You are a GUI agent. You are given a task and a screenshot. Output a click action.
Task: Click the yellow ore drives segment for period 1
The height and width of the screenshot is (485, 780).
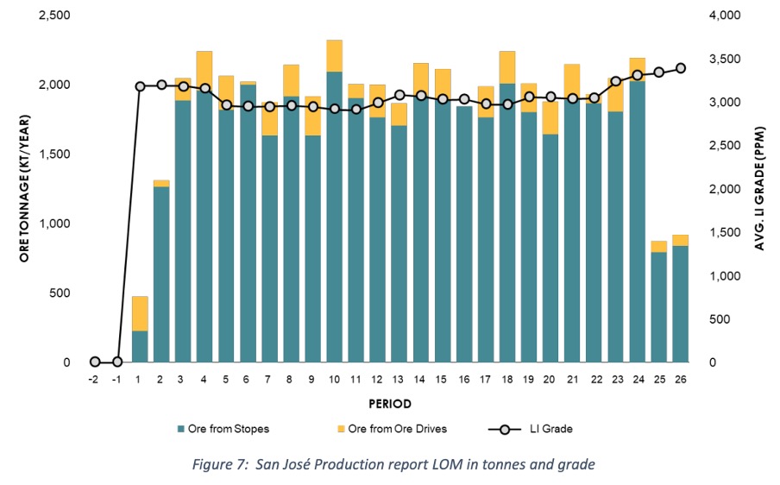[140, 314]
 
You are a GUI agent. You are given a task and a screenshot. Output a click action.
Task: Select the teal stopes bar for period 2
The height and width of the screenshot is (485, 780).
[161, 274]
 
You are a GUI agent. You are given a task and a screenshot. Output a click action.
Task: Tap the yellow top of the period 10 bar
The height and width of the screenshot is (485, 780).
[334, 56]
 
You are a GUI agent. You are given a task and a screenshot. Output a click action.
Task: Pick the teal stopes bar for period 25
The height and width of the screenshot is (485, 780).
[659, 307]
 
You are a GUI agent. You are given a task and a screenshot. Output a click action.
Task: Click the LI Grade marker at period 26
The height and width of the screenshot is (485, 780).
[681, 68]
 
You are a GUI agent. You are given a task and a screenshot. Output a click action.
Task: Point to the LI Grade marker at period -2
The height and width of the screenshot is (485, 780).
[95, 362]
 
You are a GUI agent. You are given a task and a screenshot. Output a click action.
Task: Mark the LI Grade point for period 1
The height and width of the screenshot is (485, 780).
[140, 86]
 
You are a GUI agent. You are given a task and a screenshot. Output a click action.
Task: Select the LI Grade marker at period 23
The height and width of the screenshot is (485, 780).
[616, 81]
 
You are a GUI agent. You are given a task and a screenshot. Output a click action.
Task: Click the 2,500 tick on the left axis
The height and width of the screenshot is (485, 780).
[54, 16]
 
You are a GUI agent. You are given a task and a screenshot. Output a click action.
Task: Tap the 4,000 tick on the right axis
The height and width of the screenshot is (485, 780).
[725, 16]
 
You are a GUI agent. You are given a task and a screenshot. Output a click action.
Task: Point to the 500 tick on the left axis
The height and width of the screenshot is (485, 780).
[60, 293]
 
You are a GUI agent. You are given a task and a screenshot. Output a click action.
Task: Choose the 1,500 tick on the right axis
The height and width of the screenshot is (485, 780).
[725, 232]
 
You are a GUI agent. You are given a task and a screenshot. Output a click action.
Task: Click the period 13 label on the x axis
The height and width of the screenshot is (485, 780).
[398, 380]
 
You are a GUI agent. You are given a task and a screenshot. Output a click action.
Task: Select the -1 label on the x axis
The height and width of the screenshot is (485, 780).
[116, 380]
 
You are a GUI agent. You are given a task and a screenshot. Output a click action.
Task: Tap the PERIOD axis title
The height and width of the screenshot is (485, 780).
[390, 404]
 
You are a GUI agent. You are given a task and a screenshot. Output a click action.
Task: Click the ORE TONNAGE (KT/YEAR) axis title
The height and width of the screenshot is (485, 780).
[25, 188]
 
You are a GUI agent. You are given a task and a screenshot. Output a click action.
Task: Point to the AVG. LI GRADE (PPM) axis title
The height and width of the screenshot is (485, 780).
[759, 188]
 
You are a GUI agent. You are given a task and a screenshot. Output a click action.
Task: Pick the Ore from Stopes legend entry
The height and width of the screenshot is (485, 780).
[223, 429]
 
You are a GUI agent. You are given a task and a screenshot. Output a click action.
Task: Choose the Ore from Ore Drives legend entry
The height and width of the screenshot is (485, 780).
[392, 429]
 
